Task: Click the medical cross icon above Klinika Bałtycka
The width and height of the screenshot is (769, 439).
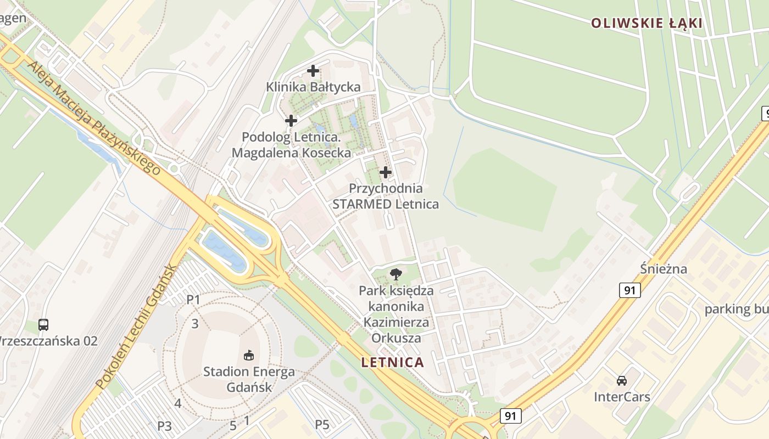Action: pos(313,71)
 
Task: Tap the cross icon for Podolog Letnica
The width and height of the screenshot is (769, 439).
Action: pos(291,120)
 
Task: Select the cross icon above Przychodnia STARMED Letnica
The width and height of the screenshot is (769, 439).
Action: pos(386,172)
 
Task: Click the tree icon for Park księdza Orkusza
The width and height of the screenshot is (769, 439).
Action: pos(395,274)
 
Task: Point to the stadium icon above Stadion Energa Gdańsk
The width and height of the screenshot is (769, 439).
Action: pos(249,356)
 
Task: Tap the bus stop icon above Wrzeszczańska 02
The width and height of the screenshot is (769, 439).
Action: pos(43,324)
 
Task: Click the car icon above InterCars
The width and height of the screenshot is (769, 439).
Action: pos(622,380)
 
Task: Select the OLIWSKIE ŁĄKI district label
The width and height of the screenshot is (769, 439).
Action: pos(647,23)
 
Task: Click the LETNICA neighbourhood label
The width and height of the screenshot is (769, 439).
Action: pos(393,362)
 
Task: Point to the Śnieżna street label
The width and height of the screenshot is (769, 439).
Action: pos(664,269)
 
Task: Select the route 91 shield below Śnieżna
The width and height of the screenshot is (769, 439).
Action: pos(630,290)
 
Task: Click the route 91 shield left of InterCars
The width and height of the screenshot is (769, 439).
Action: pos(510,416)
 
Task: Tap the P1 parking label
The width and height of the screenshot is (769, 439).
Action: pos(193,300)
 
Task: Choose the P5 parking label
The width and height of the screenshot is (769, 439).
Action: pos(322,424)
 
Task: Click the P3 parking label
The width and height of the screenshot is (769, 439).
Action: pos(165,426)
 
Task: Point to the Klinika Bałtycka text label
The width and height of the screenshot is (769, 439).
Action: pos(313,87)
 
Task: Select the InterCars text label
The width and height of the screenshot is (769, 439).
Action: pos(622,397)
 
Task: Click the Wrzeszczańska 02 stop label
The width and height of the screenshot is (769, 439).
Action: pos(48,341)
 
